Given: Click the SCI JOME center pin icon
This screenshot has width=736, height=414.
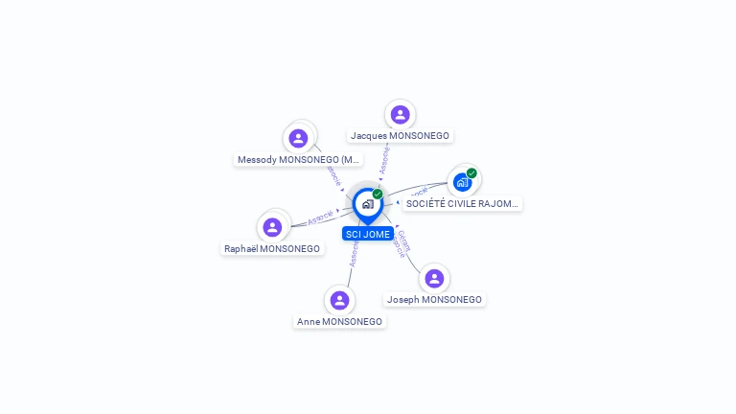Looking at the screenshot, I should (366, 204).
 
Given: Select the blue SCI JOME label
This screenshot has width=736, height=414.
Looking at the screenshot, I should (367, 234).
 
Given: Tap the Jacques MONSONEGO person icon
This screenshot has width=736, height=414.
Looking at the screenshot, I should (400, 115).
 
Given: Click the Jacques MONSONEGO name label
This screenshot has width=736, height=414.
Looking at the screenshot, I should (400, 136).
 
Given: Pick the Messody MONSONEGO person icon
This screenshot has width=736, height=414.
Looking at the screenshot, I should (299, 138).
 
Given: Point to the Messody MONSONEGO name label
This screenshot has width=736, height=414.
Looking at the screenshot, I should (299, 159).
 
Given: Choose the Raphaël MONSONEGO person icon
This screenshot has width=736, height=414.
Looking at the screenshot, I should (272, 227).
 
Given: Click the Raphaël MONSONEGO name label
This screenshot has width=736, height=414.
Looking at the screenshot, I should (272, 248).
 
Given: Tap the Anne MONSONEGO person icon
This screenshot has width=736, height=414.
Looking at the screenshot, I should (339, 300).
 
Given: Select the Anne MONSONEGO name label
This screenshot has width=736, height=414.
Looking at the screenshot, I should (339, 322).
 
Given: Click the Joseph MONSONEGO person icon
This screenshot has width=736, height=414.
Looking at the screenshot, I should (434, 278).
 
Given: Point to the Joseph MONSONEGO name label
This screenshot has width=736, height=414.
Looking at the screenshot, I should (434, 299).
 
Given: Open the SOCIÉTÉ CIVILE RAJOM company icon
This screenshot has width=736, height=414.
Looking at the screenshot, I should (463, 182).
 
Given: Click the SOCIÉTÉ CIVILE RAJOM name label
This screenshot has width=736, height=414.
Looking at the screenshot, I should (463, 203).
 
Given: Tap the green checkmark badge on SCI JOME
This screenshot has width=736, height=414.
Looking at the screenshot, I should (378, 194).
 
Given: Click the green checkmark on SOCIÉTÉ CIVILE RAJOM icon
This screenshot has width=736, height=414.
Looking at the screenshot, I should (471, 173).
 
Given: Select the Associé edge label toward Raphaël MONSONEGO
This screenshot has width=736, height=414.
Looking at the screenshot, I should (320, 218).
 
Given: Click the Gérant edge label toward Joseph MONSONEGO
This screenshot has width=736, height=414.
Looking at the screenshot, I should (403, 239).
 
